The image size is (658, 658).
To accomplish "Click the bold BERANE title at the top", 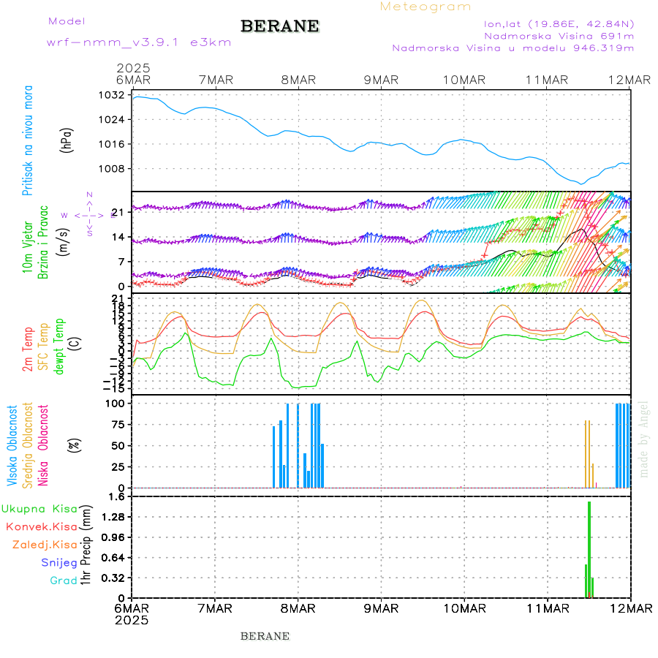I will pyautogui.click(x=279, y=26).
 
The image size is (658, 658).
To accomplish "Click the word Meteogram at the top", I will pyautogui.click(x=426, y=7).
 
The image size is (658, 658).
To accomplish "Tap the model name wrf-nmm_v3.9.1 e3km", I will pyautogui.click(x=139, y=42).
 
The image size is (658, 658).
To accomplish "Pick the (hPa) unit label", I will pyautogui.click(x=67, y=140).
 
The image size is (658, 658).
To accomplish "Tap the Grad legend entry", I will pyautogui.click(x=64, y=581).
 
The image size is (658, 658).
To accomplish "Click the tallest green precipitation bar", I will pyautogui.click(x=589, y=548).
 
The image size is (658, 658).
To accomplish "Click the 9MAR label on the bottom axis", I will pyautogui.click(x=381, y=608).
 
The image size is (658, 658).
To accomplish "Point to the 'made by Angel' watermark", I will pyautogui.click(x=644, y=439).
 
